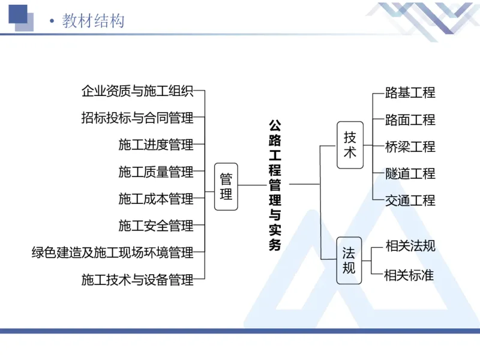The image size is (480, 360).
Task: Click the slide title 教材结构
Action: point(93,21)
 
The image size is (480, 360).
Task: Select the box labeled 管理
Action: point(226,187)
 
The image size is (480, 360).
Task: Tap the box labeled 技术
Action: point(350,145)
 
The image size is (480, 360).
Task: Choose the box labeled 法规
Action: point(349,259)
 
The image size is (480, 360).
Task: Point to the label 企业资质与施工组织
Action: point(137,91)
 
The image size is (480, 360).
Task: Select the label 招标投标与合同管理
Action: point(137,118)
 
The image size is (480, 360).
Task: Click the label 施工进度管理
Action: point(156,145)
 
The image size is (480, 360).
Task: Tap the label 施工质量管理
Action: point(156,172)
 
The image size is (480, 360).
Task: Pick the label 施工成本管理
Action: point(156,199)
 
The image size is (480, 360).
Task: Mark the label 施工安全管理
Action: point(156,226)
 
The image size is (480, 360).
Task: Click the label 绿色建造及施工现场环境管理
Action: point(113,253)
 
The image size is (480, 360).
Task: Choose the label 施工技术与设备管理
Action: point(137,279)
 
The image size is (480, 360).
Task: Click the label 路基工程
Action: point(410,92)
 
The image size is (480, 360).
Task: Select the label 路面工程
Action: point(410,119)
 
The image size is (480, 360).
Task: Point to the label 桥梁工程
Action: point(410,146)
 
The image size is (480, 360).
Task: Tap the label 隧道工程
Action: point(410,173)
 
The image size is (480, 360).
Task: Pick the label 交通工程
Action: point(410,200)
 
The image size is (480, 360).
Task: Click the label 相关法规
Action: point(410,246)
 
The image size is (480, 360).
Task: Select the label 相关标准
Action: point(410,275)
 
